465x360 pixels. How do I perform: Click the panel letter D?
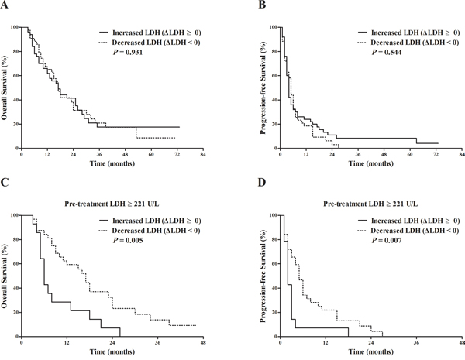pos(262,183)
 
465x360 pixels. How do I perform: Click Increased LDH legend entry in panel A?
pos(150,33)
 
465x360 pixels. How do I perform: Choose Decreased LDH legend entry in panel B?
pos(408,43)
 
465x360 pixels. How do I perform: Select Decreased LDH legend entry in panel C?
pos(150,231)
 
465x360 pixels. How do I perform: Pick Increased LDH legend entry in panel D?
pos(409,221)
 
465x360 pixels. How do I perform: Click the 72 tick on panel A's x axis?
pos(177,154)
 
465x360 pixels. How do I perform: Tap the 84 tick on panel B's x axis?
pos(462,154)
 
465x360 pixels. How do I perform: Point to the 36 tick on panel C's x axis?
pos(158,343)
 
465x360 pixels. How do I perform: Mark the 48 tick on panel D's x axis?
pos(462,343)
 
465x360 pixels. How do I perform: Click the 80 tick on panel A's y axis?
pos(15,51)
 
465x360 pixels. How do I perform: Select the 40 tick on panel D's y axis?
pos(274,288)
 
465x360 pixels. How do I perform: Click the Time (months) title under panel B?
pos(371,163)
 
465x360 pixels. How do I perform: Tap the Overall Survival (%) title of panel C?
pos(4,276)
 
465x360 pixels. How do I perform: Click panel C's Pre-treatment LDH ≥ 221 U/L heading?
pos(112,204)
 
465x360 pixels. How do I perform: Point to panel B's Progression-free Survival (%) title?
pos(263,87)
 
